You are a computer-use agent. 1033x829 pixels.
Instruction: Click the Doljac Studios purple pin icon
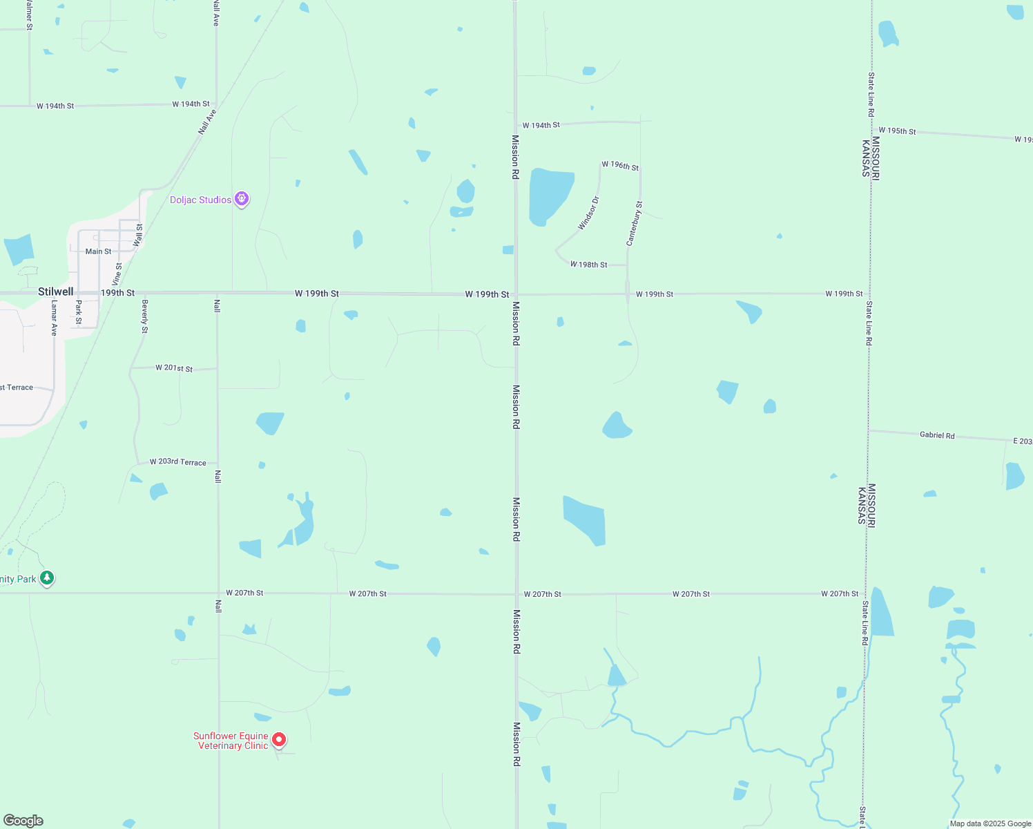tap(242, 199)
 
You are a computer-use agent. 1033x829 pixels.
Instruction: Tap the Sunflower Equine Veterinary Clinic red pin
tap(279, 740)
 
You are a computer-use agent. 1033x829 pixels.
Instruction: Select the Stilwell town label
tap(55, 292)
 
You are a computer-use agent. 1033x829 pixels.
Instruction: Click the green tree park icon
tap(47, 578)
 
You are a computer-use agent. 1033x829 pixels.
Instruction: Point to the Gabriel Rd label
tap(937, 435)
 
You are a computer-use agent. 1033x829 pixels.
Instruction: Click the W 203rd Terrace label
tap(178, 461)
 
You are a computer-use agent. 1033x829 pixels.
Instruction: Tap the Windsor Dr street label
tap(588, 213)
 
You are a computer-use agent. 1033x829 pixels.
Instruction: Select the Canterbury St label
tap(635, 223)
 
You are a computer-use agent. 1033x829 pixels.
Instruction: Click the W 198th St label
tap(589, 265)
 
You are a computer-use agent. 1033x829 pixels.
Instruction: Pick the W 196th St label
tap(620, 166)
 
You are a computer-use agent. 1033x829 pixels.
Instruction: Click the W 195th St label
tap(897, 131)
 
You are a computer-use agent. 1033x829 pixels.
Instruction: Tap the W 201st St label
tap(174, 368)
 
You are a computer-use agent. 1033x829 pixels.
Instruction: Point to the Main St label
tap(98, 251)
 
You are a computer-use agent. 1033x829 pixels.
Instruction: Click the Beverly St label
tap(145, 316)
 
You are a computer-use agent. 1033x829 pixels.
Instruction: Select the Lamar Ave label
tap(54, 318)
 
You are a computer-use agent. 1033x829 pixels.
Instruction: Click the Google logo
tap(23, 821)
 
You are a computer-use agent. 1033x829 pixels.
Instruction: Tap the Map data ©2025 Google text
tap(990, 823)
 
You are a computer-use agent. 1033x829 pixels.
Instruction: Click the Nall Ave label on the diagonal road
tap(207, 122)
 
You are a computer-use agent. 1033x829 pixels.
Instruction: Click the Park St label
tap(79, 312)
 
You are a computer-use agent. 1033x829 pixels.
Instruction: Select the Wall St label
tap(139, 235)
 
